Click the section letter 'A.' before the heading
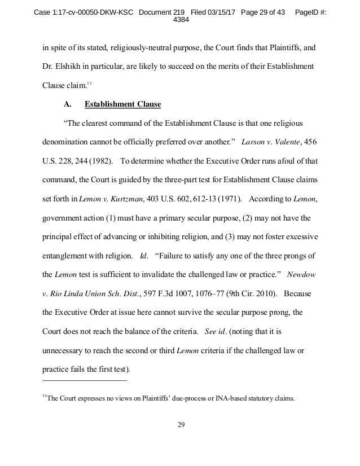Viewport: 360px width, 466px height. coord(62,104)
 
